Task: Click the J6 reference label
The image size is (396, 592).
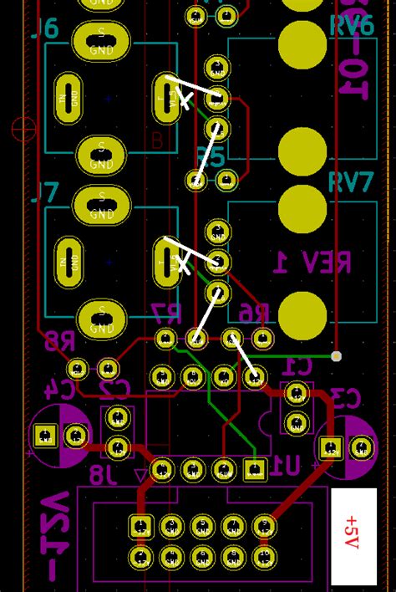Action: point(45,29)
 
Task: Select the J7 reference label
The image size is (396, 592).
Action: point(45,193)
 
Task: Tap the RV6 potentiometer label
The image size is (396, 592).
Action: point(351,26)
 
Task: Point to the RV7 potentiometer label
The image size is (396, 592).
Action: point(351,182)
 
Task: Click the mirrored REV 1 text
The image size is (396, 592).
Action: point(312,263)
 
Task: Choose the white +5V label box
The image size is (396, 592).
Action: point(353,536)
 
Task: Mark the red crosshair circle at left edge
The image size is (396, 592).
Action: point(23,130)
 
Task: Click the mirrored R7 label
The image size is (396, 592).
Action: point(165,314)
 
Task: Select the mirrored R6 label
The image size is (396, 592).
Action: point(254,314)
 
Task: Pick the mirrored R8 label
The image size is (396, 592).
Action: point(58,340)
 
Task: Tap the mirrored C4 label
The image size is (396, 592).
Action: point(59,389)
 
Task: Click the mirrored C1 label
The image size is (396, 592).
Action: point(297,366)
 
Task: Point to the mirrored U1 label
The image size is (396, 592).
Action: point(287,467)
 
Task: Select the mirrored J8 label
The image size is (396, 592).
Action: point(103,476)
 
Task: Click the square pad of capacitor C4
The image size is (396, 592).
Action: point(45,436)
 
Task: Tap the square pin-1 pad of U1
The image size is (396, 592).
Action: point(255,470)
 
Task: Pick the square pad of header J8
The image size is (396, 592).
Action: point(141,527)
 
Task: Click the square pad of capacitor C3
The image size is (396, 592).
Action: point(331,448)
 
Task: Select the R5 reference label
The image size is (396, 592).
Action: point(211,156)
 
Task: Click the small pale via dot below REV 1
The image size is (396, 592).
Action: point(336,356)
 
